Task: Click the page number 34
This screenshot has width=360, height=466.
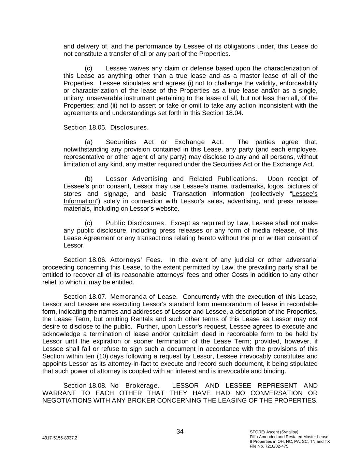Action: click(180, 432)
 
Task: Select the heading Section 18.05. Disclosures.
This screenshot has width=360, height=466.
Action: click(106, 127)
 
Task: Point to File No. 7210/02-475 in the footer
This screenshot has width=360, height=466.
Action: click(269, 446)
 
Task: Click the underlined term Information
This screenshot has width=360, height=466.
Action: click(80, 201)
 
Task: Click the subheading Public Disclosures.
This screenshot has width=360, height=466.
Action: click(135, 223)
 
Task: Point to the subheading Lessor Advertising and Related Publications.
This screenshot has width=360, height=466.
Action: click(182, 179)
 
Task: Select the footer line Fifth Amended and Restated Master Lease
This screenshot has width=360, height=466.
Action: click(289, 437)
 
